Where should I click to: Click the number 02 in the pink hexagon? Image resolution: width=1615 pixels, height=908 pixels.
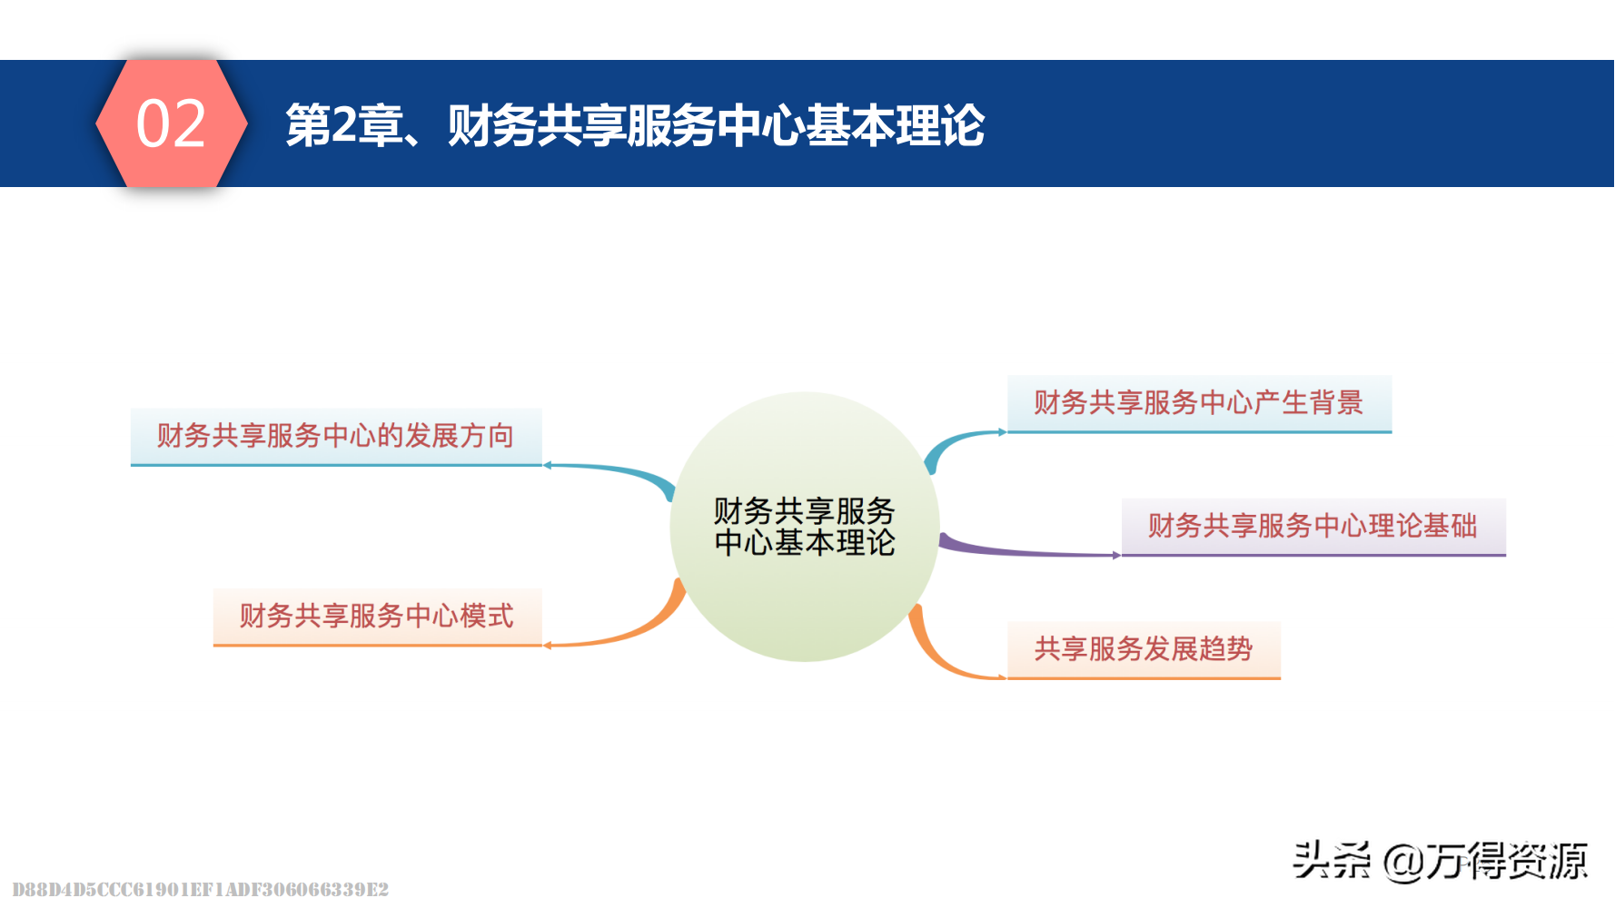pyautogui.click(x=171, y=123)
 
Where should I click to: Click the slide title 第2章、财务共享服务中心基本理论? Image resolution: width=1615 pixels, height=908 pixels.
pyautogui.click(x=635, y=125)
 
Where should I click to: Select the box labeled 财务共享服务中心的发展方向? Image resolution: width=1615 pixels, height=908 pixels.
pyautogui.click(x=336, y=437)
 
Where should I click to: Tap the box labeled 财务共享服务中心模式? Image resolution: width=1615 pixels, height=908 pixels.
pyautogui.click(x=378, y=617)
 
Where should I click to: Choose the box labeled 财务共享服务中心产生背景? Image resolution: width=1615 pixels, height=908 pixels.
pyautogui.click(x=1199, y=404)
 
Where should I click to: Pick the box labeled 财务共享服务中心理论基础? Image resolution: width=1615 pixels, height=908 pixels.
pyautogui.click(x=1313, y=527)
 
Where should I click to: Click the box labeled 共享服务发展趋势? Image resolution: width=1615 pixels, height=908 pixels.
pyautogui.click(x=1144, y=650)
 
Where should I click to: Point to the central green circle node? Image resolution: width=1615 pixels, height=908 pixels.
pyautogui.click(x=805, y=527)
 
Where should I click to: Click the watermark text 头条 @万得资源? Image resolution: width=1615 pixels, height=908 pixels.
pyautogui.click(x=1441, y=860)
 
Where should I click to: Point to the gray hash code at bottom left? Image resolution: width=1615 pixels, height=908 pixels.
pyautogui.click(x=201, y=889)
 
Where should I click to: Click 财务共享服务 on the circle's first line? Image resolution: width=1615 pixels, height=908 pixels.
pyautogui.click(x=805, y=510)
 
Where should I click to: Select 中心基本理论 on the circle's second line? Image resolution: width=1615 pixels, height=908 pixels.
pyautogui.click(x=805, y=543)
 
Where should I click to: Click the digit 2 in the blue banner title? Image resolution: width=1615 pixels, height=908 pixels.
pyautogui.click(x=344, y=124)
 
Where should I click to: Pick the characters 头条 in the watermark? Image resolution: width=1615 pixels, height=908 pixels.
pyautogui.click(x=1332, y=860)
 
